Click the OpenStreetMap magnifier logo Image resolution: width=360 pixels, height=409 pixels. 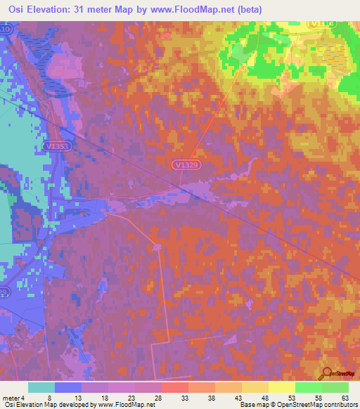(328, 374)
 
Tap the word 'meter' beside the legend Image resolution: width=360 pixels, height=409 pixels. (12, 398)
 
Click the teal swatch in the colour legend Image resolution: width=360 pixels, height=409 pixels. (41, 387)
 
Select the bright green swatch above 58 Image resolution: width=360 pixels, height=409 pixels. (308, 387)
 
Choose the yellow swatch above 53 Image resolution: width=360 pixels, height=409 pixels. (281, 387)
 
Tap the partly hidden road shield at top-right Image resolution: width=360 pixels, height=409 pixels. (323, 23)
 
